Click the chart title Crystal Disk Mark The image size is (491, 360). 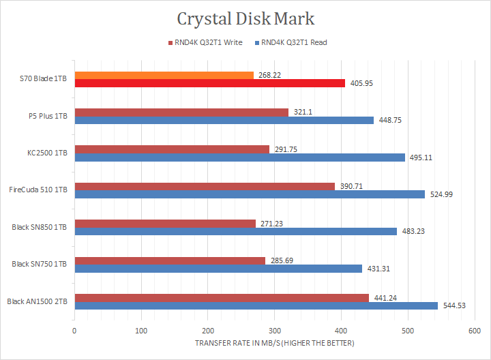coord(245,18)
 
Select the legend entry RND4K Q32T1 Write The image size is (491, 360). coord(207,42)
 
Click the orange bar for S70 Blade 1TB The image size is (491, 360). coord(164,75)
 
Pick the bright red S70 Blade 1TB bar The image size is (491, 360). coord(209,83)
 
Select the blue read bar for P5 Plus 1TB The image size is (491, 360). coord(224,120)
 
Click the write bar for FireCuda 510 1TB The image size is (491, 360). coord(205,186)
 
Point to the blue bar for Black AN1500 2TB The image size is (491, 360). coord(256,305)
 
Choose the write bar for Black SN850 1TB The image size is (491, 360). coord(164,223)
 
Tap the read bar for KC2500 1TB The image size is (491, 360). coord(239,157)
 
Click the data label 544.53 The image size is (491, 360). coord(453,305)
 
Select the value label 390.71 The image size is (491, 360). coord(351,186)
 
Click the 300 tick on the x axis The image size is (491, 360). coord(274,331)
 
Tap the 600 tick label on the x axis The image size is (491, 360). coord(474,331)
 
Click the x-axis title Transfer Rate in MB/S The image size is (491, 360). coord(274,343)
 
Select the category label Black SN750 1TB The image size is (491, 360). coord(40,264)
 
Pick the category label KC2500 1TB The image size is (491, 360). coord(46,153)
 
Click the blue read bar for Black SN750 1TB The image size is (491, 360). coord(218,269)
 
